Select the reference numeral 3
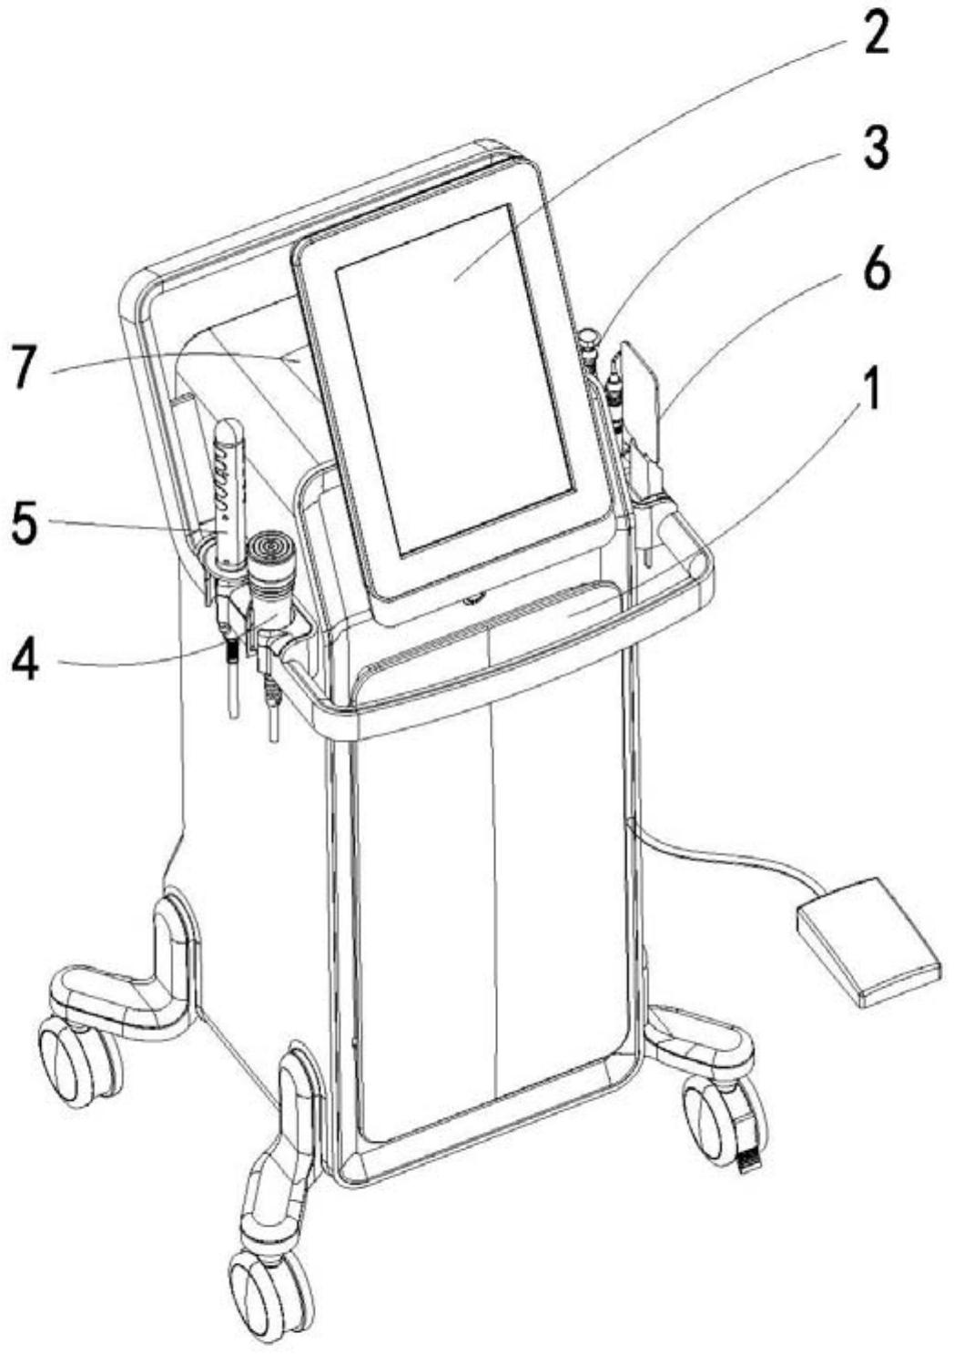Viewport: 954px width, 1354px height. point(876,147)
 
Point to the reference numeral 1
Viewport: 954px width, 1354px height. point(872,390)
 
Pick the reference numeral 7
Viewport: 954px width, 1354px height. point(26,367)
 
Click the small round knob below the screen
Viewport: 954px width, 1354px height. point(474,598)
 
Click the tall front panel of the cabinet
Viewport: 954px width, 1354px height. point(492,911)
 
